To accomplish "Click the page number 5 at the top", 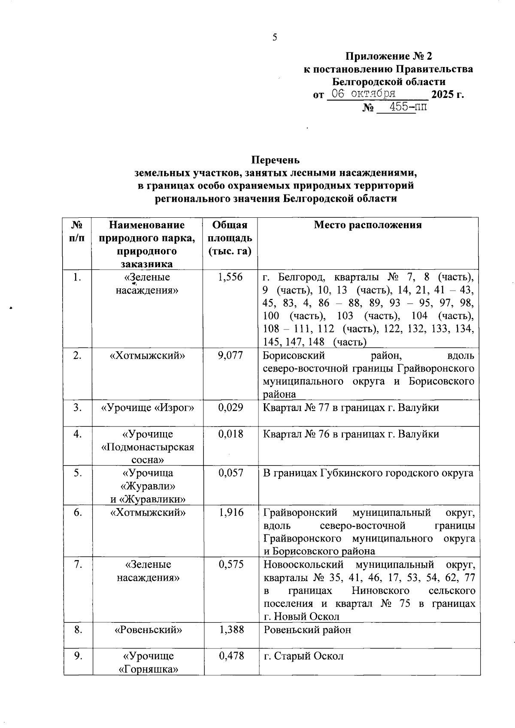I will pos(275,37).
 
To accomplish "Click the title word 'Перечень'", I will pos(275,160).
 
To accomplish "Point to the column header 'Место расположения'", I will pos(368,225).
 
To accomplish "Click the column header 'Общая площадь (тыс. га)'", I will pos(230,238).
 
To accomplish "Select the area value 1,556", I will pos(230,277).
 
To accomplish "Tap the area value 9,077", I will pos(230,356).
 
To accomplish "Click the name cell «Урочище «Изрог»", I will pos(147,408).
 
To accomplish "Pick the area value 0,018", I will pos(230,434).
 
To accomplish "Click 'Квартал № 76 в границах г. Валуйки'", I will pos(351,434).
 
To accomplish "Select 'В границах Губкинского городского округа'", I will pos(368,473).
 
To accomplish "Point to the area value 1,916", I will pos(230,512).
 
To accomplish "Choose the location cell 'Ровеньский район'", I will pos(307,630).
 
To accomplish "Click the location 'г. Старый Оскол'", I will pos(303,656).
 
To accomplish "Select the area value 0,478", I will pos(231,656).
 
